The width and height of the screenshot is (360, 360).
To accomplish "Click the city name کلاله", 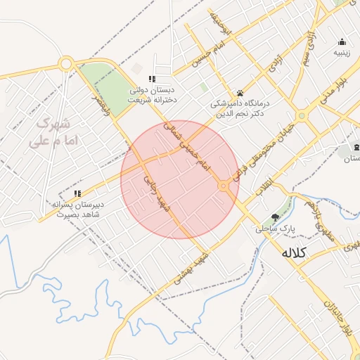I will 294,252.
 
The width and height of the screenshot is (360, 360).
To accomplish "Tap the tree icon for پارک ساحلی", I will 275,218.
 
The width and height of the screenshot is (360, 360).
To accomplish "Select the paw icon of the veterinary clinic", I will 240,92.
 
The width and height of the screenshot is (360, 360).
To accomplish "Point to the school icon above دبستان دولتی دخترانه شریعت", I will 151,79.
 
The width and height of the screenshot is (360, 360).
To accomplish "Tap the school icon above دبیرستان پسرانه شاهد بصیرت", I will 77,193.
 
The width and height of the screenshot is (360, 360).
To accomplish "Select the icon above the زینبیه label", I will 342,41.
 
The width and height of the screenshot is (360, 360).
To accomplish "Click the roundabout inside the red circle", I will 224,186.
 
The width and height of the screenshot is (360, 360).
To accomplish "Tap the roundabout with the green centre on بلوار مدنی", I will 302,115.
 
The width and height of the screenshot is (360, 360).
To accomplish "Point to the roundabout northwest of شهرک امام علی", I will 66,65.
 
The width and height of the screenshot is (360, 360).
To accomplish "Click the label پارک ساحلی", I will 275,229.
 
